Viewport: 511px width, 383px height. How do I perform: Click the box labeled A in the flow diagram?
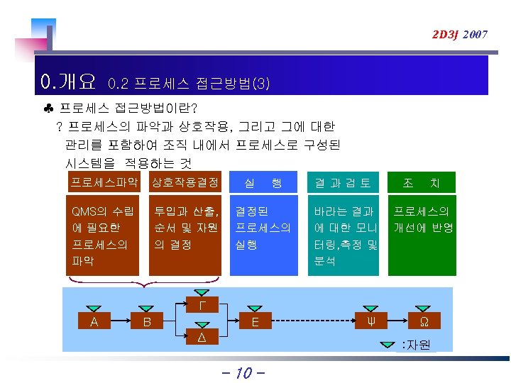click(x=94, y=321)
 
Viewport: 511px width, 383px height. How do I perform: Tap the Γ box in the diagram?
click(x=202, y=305)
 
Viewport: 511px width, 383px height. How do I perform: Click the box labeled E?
click(x=255, y=321)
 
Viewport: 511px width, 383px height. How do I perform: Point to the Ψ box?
click(x=370, y=321)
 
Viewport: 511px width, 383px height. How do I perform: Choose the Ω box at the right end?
click(x=423, y=321)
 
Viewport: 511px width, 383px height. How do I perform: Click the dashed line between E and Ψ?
click(x=312, y=321)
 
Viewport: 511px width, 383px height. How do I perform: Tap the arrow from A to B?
click(x=121, y=321)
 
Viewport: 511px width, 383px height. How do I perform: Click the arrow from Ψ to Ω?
click(x=396, y=321)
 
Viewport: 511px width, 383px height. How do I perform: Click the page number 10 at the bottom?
click(x=243, y=372)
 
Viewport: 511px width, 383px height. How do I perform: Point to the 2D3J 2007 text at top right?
click(x=460, y=34)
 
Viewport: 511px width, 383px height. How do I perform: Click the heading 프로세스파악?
click(x=104, y=183)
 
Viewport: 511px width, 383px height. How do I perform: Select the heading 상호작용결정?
click(x=185, y=183)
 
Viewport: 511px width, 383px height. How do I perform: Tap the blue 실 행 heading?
click(x=263, y=183)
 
